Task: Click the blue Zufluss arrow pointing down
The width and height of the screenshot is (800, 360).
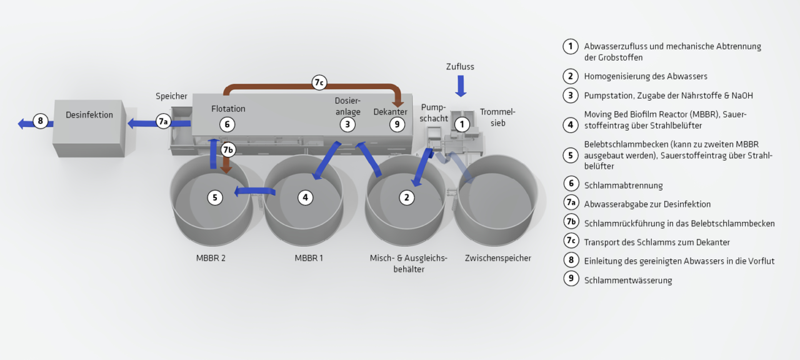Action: [461, 86]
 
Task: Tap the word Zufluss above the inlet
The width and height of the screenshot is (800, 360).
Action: [460, 66]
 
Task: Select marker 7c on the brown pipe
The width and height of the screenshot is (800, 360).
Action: [319, 82]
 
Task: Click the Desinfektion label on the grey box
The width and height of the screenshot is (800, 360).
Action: [89, 115]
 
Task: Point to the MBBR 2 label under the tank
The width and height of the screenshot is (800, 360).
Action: [211, 258]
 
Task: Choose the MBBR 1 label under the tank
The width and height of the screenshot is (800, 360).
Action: [309, 258]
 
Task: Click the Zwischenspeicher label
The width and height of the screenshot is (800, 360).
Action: [498, 258]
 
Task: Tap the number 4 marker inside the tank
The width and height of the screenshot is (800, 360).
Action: [305, 197]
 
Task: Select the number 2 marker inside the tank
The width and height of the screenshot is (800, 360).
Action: [406, 197]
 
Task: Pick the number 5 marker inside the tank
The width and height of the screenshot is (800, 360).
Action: [215, 197]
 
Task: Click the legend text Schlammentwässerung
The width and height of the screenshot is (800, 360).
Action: [628, 281]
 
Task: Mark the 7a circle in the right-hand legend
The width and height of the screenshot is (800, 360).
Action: [571, 202]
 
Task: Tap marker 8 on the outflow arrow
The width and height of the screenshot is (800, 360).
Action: [41, 121]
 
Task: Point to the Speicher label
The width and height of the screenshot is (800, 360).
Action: [171, 96]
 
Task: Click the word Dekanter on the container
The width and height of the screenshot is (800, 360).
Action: [390, 112]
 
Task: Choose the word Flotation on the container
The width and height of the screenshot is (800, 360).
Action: [228, 109]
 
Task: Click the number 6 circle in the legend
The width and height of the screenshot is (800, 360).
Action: [571, 184]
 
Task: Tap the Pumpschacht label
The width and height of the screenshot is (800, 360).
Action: [434, 112]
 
